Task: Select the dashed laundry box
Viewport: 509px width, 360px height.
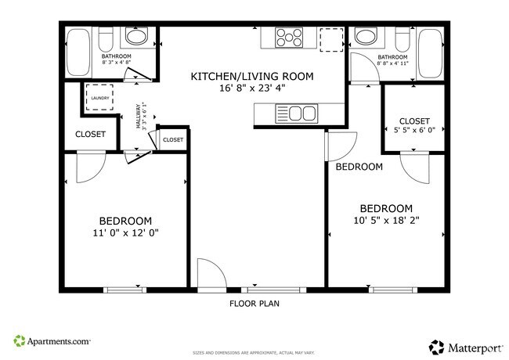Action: tap(99, 98)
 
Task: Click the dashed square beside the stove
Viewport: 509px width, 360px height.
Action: tap(331, 39)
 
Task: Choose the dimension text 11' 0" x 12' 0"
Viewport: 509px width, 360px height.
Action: tap(125, 232)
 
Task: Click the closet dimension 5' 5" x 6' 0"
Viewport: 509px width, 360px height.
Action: tap(414, 131)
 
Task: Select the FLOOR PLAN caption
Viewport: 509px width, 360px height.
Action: tap(254, 303)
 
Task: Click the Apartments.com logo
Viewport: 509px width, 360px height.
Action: tap(52, 341)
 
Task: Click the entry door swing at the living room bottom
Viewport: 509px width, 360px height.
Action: tap(210, 275)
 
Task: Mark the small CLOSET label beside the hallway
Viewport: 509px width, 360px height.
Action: tap(173, 139)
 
